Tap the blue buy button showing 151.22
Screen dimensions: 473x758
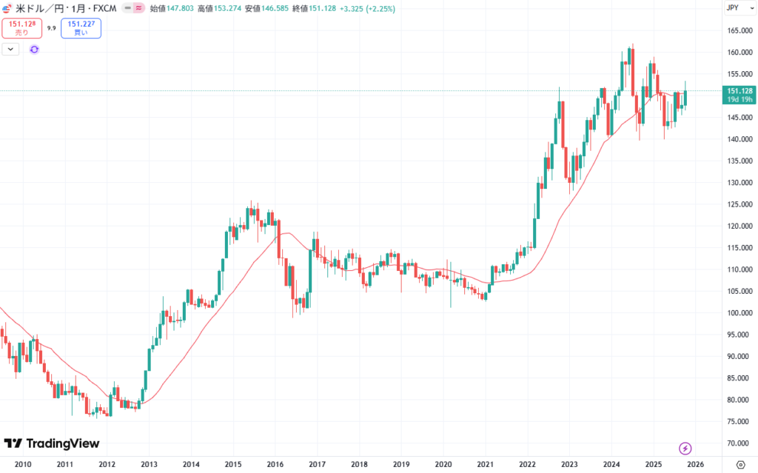(82, 28)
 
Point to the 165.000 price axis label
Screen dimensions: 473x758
(738, 31)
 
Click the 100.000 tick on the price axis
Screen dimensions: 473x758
(738, 313)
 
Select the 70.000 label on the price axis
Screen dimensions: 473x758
(738, 443)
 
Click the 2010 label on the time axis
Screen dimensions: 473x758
(23, 465)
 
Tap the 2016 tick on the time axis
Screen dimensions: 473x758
(275, 465)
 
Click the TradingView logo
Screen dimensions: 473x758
(52, 443)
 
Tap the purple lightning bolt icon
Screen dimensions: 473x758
(685, 448)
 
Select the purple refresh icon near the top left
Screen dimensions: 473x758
(34, 50)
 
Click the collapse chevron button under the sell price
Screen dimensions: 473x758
(11, 50)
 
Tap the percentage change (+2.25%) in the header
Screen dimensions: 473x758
(378, 9)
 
